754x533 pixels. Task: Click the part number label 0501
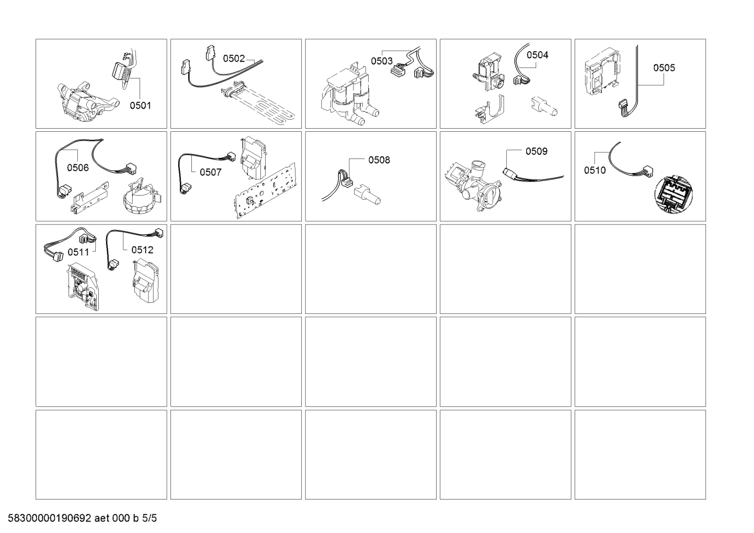(140, 105)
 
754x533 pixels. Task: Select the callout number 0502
(234, 59)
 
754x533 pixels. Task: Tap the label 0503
(382, 61)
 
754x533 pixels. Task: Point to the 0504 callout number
(537, 55)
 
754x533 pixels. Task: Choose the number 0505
(664, 67)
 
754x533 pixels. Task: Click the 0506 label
(78, 167)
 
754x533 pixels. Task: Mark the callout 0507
(210, 172)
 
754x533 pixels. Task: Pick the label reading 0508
(379, 160)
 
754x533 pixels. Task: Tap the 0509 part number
(536, 151)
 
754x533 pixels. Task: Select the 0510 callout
(595, 170)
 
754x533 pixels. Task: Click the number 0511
(78, 252)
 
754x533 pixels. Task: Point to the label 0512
(142, 250)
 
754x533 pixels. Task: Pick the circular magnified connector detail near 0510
(674, 194)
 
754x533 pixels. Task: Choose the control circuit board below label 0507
(265, 190)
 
